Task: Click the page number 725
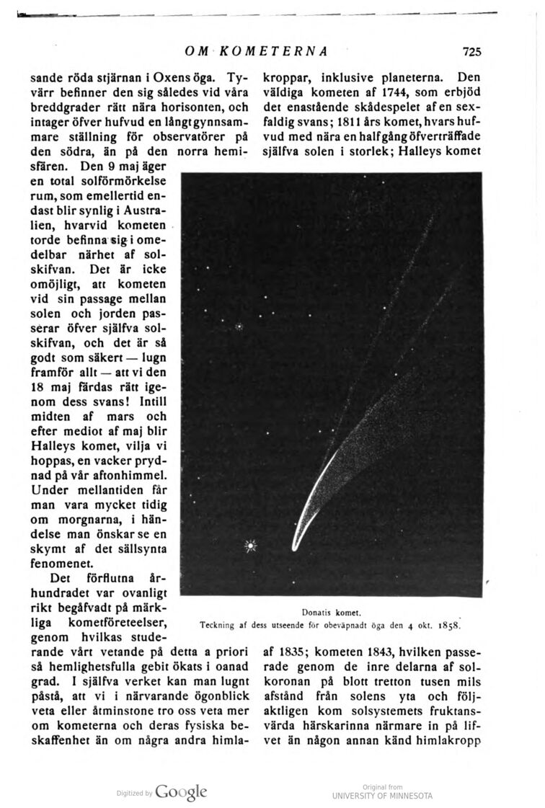pyautogui.click(x=472, y=52)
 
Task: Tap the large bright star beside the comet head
pyautogui.click(x=251, y=545)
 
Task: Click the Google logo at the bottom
pyautogui.click(x=180, y=791)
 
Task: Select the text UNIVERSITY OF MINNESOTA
pyautogui.click(x=382, y=796)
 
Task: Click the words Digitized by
pyautogui.click(x=135, y=794)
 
